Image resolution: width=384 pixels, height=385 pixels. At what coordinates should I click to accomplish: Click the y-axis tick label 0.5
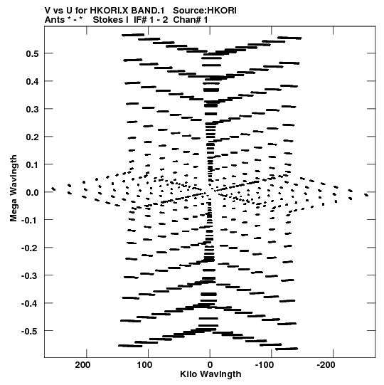32,53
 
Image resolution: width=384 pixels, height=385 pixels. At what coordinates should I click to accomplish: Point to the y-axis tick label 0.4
32,81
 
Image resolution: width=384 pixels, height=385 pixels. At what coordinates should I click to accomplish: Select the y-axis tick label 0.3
32,109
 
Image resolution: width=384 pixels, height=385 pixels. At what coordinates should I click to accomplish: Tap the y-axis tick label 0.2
32,137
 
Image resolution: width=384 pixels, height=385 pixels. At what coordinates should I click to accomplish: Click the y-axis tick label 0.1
32,164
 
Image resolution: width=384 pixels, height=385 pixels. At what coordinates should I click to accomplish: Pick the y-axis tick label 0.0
32,192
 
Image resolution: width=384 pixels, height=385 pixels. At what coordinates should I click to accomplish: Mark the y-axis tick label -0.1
30,220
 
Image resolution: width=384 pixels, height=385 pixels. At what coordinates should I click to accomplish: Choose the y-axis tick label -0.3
30,275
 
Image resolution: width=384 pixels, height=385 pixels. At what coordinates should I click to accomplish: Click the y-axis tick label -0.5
30,331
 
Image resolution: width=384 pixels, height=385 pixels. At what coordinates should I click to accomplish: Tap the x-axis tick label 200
82,365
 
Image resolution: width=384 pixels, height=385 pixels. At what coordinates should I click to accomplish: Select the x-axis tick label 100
144,365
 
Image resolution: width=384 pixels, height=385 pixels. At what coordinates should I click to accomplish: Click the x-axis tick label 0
210,365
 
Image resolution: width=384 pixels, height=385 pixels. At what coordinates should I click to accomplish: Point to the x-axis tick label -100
265,365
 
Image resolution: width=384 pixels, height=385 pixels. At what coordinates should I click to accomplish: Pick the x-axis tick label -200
326,365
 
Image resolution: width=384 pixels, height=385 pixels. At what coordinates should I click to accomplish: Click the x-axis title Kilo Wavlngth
210,374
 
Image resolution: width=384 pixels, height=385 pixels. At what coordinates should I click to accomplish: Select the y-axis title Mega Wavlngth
14,189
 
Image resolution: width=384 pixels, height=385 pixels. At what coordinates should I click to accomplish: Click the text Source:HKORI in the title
205,11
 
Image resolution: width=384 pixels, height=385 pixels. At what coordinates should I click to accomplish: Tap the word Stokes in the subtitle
111,20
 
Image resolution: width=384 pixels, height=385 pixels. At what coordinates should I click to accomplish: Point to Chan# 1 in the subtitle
191,20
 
